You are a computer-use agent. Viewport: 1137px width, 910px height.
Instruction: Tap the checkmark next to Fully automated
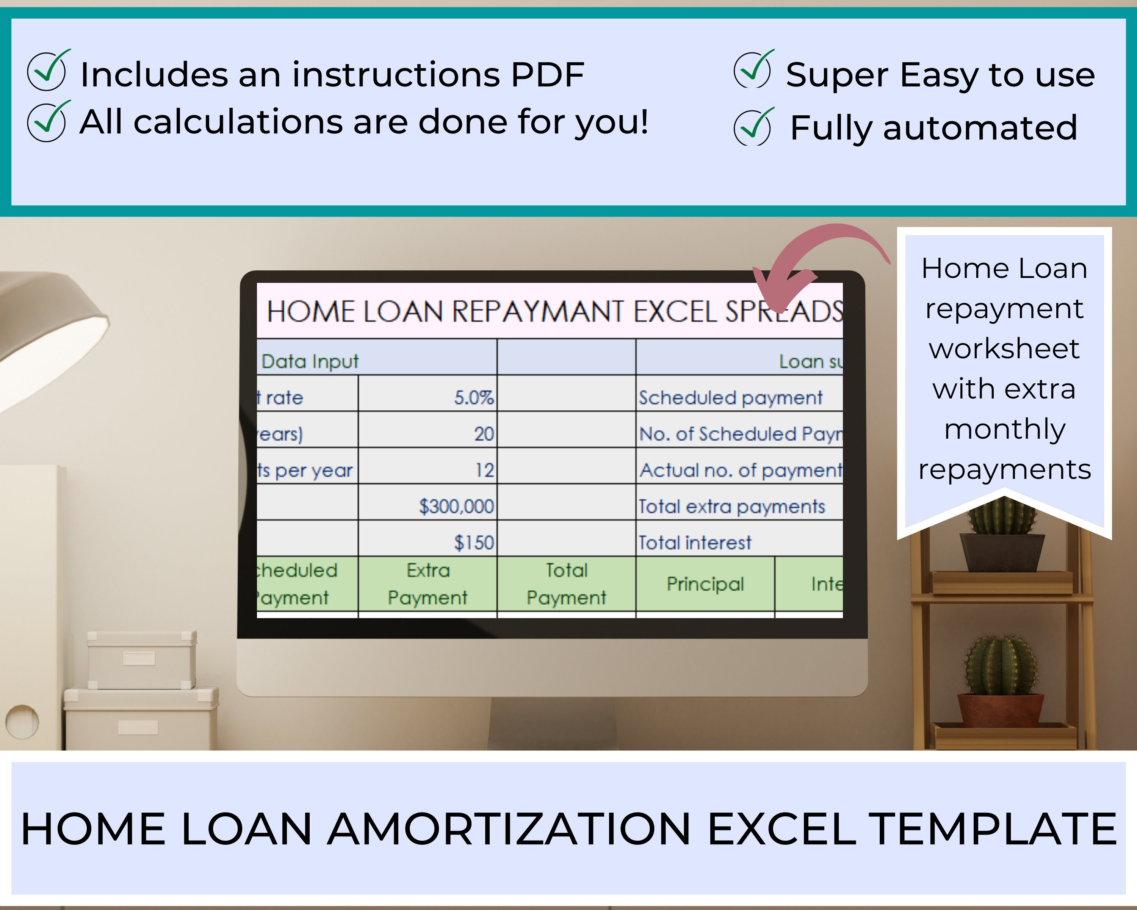[x=753, y=127]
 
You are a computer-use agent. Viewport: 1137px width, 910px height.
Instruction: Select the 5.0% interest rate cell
[x=427, y=397]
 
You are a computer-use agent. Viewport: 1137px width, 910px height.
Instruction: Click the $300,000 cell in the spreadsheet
[x=427, y=506]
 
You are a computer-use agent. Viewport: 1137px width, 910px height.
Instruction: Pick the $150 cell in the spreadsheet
[x=427, y=542]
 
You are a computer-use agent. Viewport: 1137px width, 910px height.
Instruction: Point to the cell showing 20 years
[x=427, y=434]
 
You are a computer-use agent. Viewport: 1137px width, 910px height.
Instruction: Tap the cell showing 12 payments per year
[x=427, y=469]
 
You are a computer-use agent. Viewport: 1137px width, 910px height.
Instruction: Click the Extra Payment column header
[x=427, y=584]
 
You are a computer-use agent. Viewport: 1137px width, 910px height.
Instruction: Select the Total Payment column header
[x=566, y=584]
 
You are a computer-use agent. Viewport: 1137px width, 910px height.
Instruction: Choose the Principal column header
[x=705, y=584]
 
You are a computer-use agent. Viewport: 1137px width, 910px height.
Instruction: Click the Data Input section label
[x=310, y=361]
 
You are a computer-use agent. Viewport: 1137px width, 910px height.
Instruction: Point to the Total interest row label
[x=695, y=542]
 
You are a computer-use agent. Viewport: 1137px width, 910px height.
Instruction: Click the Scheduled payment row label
[x=730, y=397]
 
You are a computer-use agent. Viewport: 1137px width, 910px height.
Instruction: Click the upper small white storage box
[x=141, y=659]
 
